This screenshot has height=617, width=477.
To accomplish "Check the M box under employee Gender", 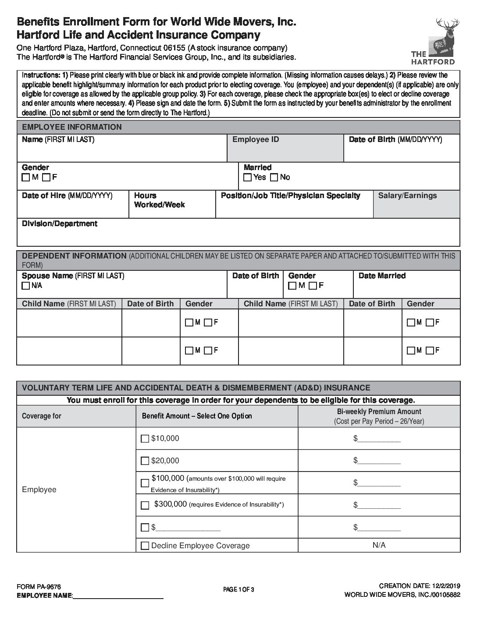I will [26, 177].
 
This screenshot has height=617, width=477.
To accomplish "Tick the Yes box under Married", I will [248, 177].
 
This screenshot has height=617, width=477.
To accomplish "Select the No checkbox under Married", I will [274, 177].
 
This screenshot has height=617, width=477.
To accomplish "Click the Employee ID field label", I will [256, 139].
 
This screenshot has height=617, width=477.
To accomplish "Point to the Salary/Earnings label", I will [407, 195].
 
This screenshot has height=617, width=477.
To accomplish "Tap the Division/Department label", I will [60, 223].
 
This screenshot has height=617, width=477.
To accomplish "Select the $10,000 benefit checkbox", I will [145, 439].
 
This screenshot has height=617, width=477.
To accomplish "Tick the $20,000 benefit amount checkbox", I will [145, 461].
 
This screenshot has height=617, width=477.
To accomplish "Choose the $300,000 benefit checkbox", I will [145, 505].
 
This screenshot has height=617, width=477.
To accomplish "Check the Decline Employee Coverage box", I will [145, 546].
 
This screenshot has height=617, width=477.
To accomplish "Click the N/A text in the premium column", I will [379, 545].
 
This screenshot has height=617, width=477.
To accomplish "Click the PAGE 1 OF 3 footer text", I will [238, 589].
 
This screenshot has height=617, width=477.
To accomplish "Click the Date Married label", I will [382, 276].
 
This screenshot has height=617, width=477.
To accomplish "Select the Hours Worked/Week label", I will [159, 200].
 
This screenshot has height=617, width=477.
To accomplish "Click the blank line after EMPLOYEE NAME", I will [117, 596].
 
